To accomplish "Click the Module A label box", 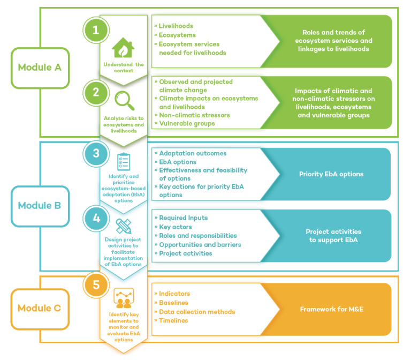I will (x=40, y=68).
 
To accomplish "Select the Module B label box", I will (x=40, y=206).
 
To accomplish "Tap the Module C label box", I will (x=40, y=309).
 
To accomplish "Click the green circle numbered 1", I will (x=96, y=31).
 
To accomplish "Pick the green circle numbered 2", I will (x=96, y=92).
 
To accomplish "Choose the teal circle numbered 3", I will (x=96, y=153).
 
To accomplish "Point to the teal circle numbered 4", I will (x=96, y=218).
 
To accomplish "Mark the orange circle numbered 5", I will (x=96, y=284).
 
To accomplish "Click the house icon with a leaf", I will (x=124, y=49).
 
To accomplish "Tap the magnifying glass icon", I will (x=124, y=100).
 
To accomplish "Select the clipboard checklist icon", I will (x=124, y=161).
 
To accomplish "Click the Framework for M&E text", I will (x=333, y=309).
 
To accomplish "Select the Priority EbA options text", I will (x=331, y=174).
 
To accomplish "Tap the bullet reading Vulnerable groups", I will (x=186, y=124).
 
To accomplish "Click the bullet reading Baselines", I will (x=173, y=303).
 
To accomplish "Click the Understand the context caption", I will (x=124, y=67).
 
